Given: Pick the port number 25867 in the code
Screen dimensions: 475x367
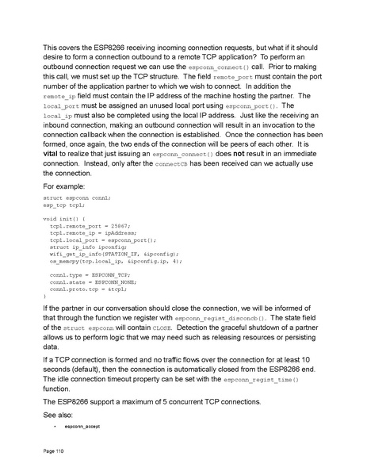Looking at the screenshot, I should click(x=117, y=225).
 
